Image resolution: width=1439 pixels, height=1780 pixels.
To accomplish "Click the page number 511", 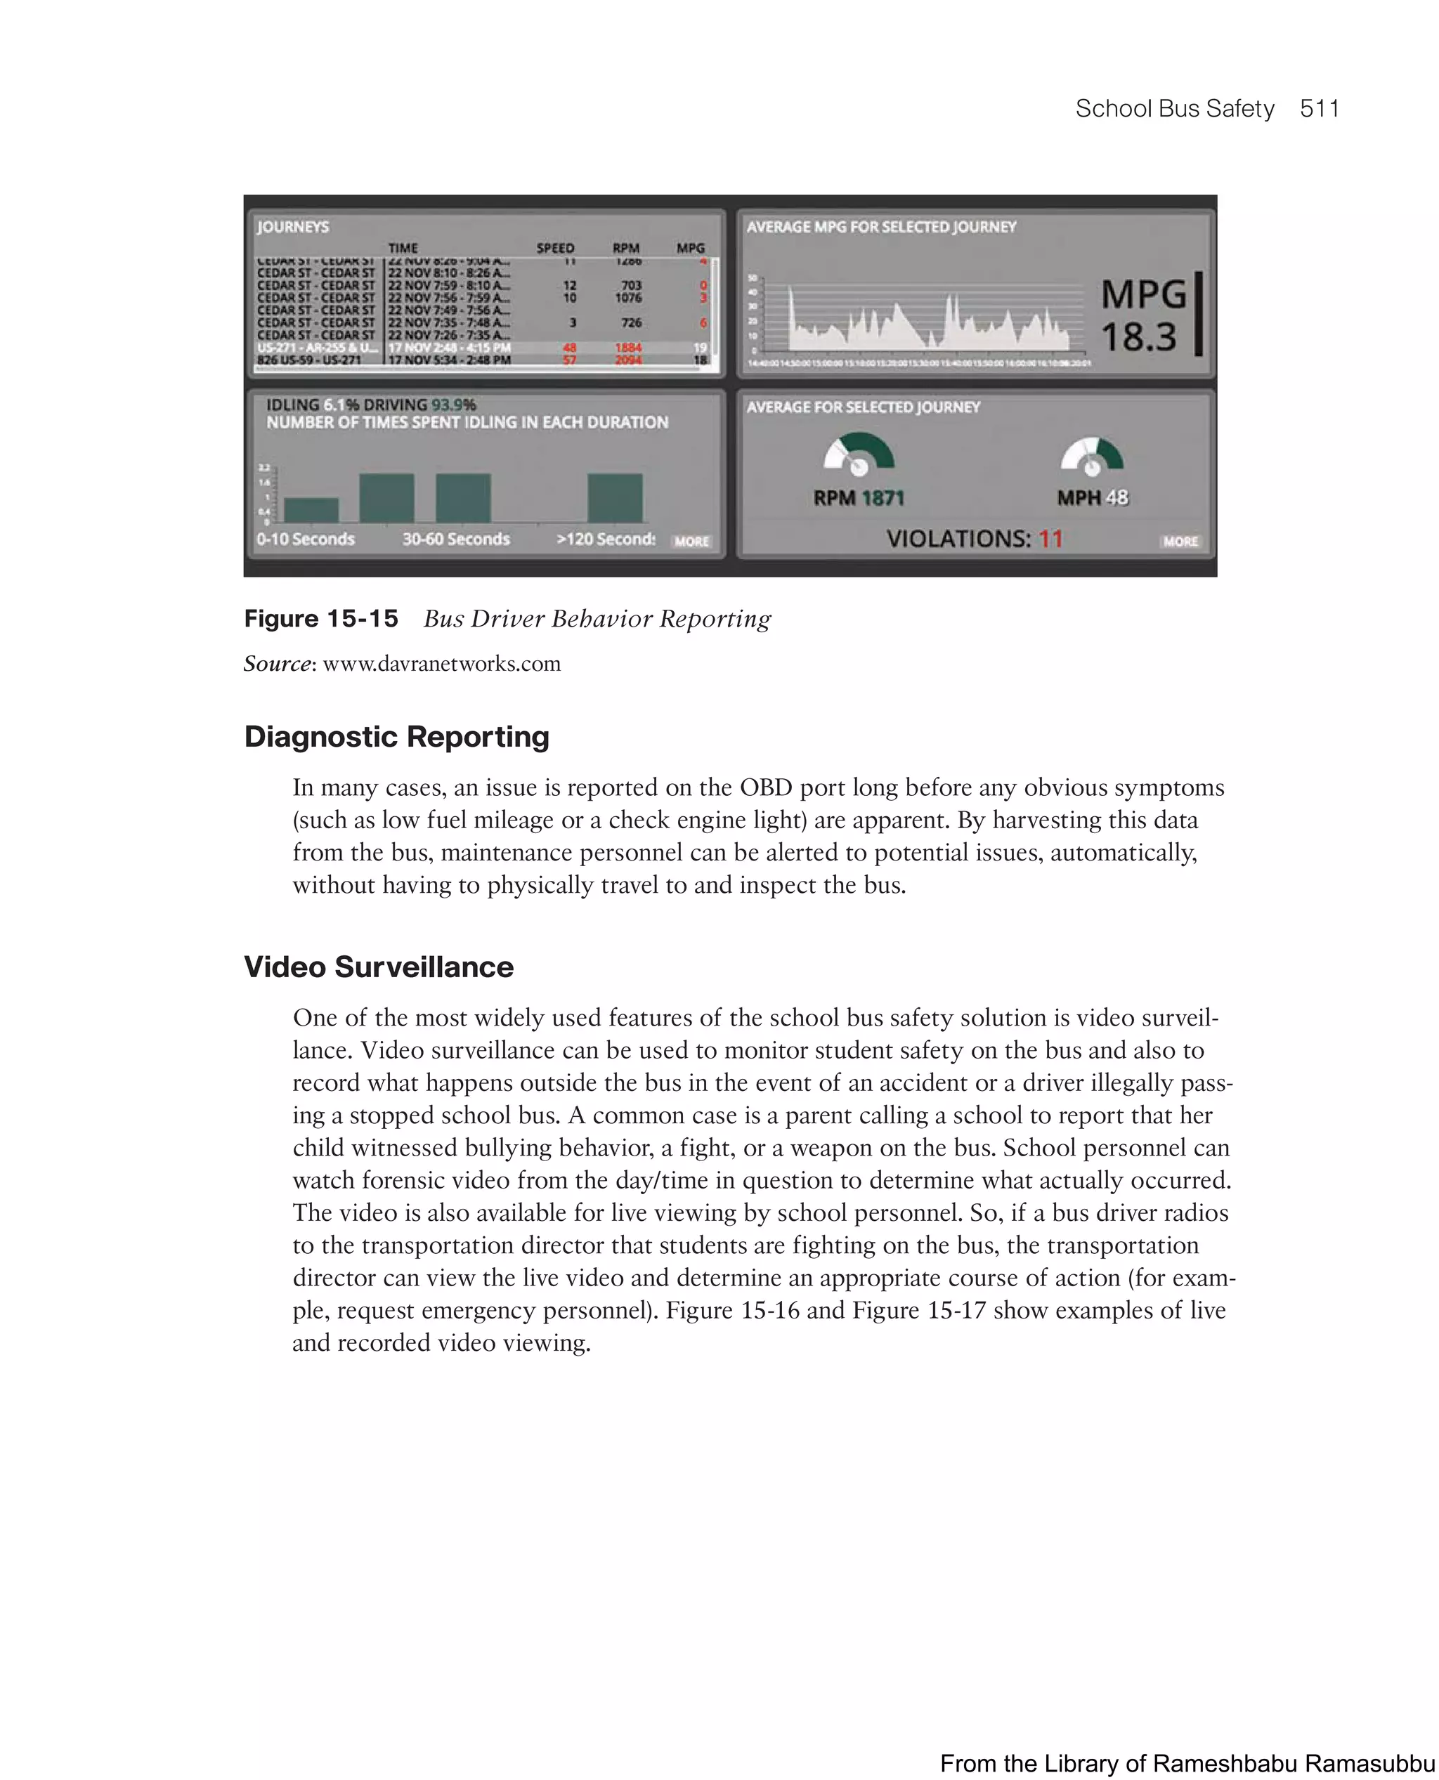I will pyautogui.click(x=1319, y=109).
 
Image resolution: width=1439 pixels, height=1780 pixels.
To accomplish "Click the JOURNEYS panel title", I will pyautogui.click(x=292, y=226).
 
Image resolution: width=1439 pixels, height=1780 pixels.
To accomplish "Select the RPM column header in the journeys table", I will pyautogui.click(x=626, y=248).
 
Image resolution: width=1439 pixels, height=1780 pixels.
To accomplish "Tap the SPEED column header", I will pyautogui.click(x=554, y=248).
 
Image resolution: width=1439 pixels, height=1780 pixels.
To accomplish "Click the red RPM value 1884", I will pyautogui.click(x=627, y=347).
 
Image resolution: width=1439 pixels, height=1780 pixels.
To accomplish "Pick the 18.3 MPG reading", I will pyautogui.click(x=1138, y=337).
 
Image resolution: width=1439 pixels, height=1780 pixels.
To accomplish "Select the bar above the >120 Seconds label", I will pyautogui.click(x=614, y=497).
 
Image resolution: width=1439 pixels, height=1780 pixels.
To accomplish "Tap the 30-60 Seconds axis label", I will pyautogui.click(x=456, y=539).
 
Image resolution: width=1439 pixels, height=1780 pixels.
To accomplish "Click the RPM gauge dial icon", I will pyautogui.click(x=859, y=454).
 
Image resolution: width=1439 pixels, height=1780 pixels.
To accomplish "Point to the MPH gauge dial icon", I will pyautogui.click(x=1092, y=457).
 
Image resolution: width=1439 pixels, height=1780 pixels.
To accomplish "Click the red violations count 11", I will pyautogui.click(x=1050, y=539).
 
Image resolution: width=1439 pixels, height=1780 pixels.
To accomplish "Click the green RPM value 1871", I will pyautogui.click(x=882, y=498).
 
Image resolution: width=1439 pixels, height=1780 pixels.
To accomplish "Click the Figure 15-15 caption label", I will pyautogui.click(x=321, y=618).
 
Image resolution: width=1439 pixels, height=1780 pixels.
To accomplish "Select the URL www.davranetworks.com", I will pyautogui.click(x=441, y=664).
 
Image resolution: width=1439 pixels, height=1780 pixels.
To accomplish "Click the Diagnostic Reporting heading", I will pyautogui.click(x=396, y=737).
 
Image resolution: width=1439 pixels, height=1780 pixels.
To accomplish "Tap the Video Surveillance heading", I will pyautogui.click(x=378, y=967).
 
